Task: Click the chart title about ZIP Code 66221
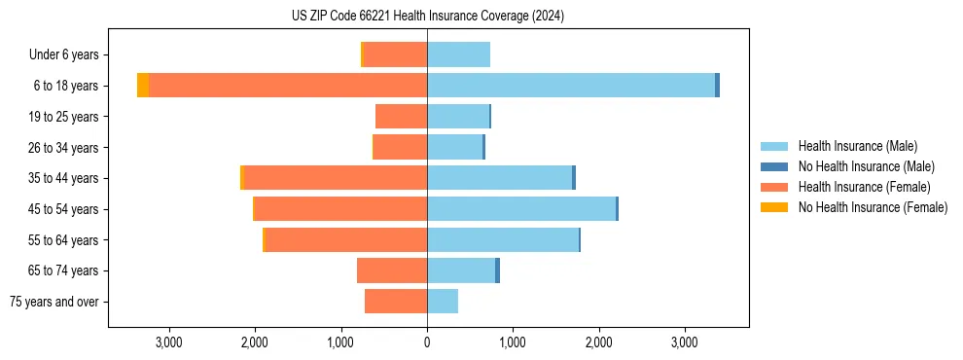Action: (x=427, y=17)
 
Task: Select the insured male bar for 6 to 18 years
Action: (x=571, y=86)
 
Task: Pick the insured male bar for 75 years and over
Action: (x=443, y=302)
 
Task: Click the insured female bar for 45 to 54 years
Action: (x=340, y=209)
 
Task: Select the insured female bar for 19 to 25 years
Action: (x=402, y=117)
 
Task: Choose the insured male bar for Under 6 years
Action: (x=458, y=54)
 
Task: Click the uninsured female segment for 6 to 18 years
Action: (x=143, y=86)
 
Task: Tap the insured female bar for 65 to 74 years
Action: (x=392, y=270)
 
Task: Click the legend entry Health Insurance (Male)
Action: (x=856, y=146)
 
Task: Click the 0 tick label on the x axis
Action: (x=427, y=342)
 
